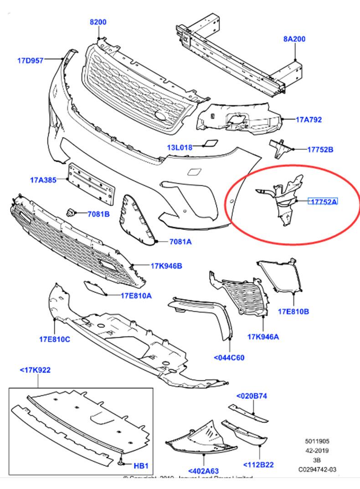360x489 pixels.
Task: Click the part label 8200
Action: (x=98, y=22)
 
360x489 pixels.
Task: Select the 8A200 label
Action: (x=294, y=39)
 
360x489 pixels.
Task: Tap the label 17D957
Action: (x=31, y=60)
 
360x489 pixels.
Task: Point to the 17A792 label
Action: (x=309, y=120)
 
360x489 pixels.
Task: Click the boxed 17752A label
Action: (x=324, y=202)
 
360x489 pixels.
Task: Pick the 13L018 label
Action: (x=180, y=147)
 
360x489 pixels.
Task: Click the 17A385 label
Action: (x=43, y=180)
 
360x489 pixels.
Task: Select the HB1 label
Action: (x=141, y=466)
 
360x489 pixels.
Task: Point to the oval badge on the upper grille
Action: (x=161, y=116)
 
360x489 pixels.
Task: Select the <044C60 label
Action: (x=229, y=357)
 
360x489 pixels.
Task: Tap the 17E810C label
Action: (x=54, y=339)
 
